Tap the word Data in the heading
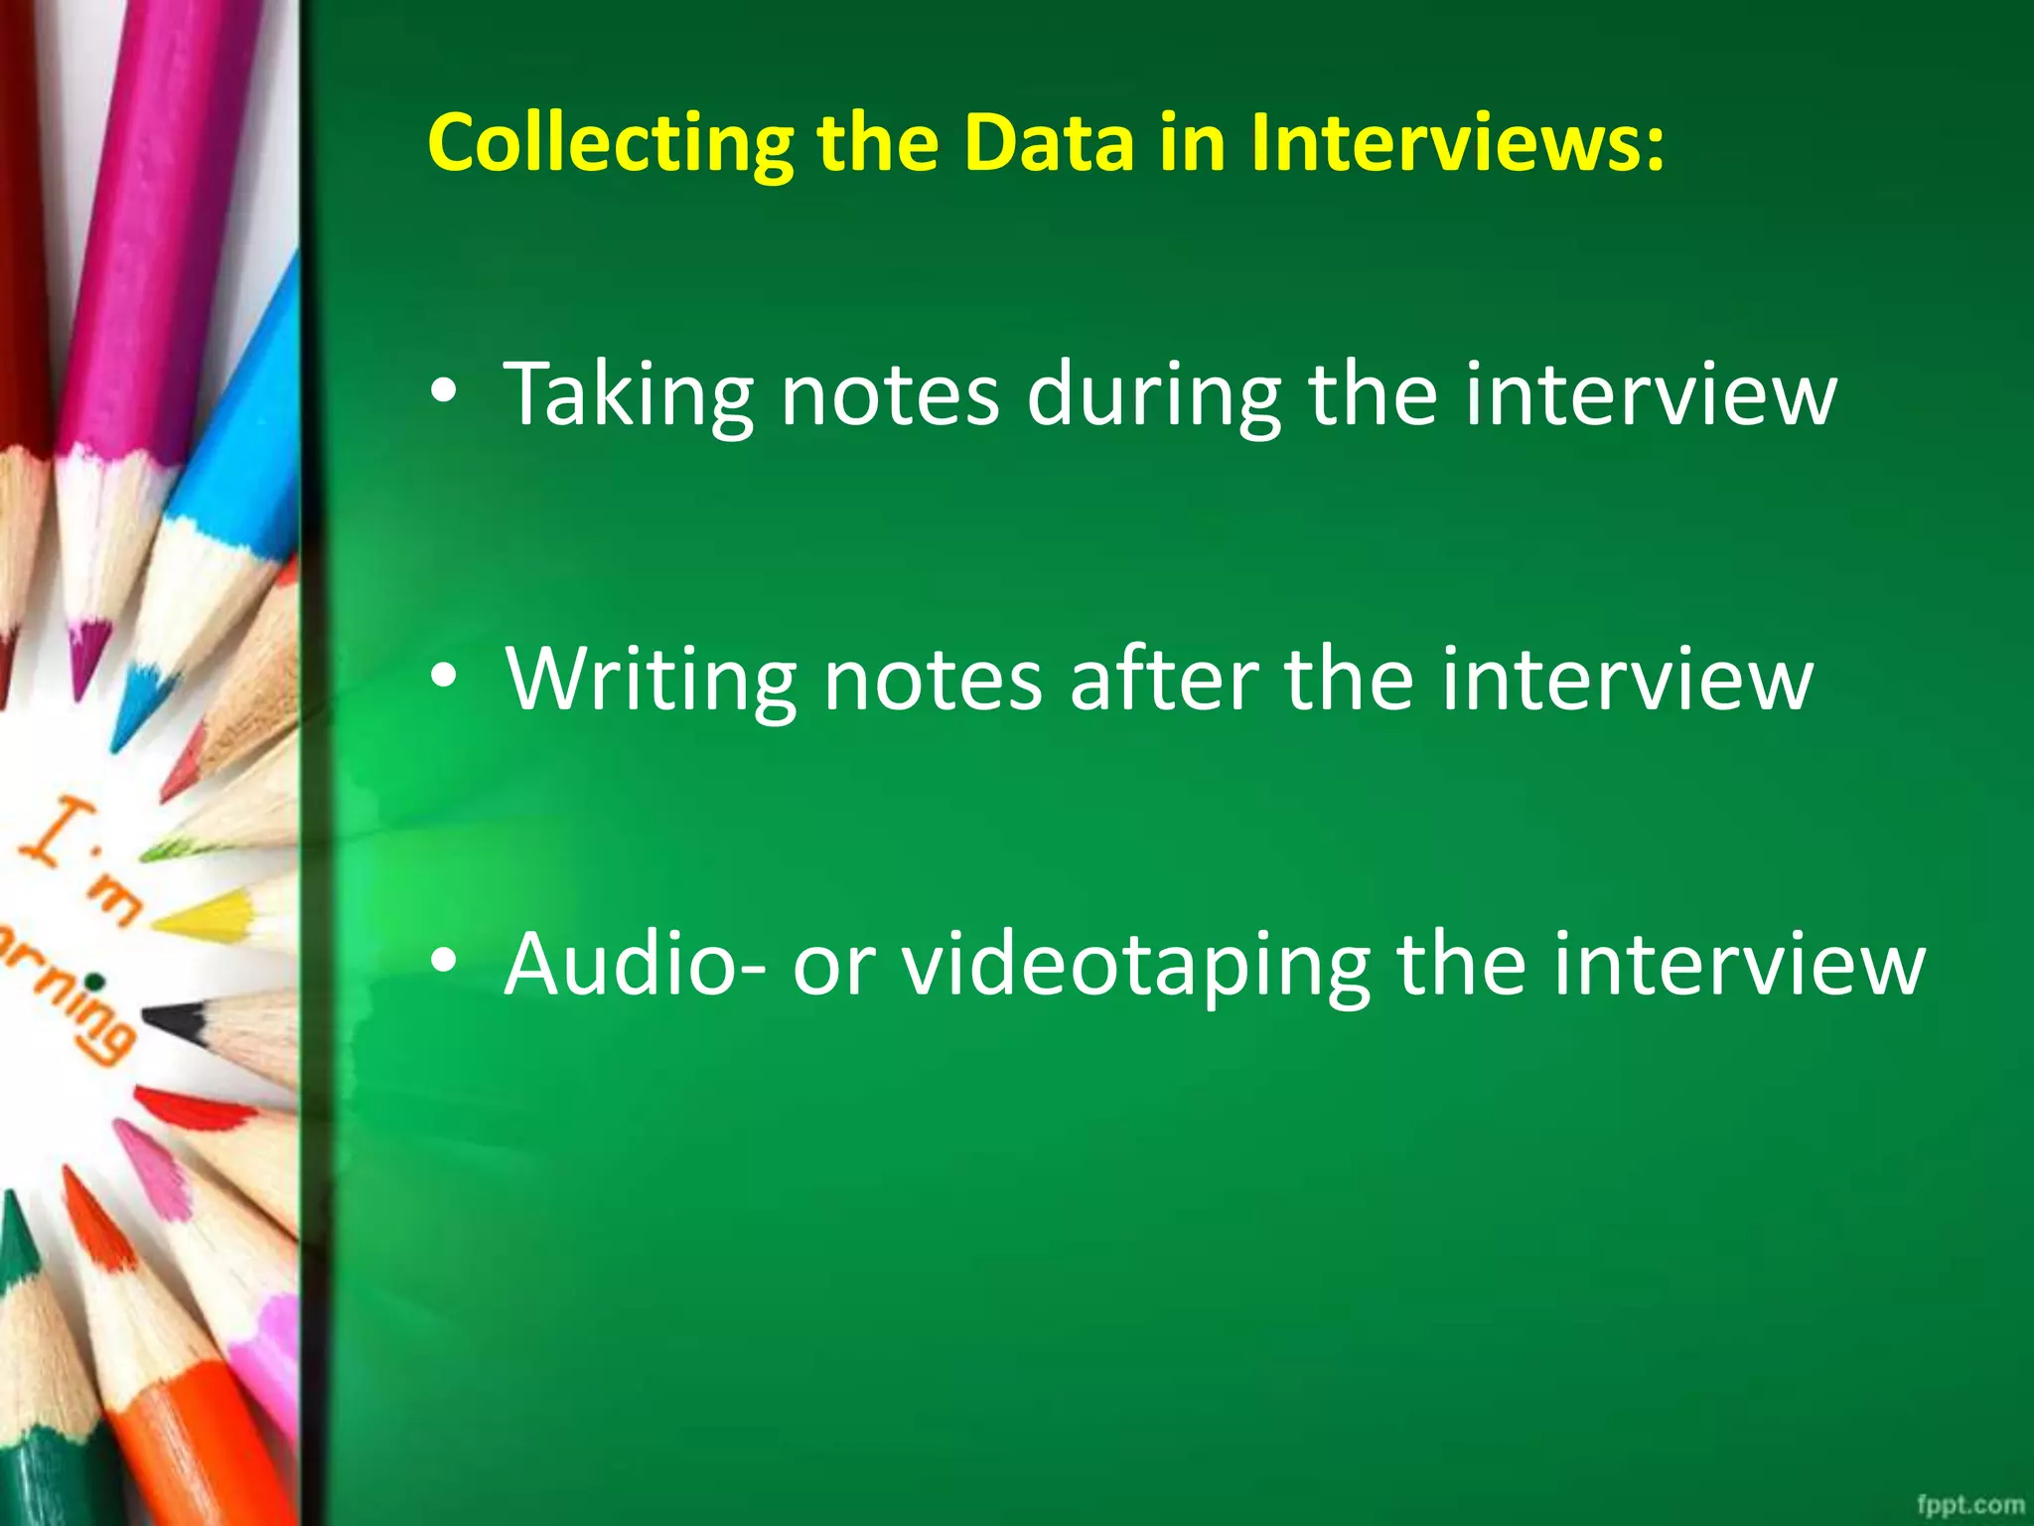[1048, 142]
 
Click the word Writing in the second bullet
[651, 682]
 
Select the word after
[1163, 680]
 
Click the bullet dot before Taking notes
[444, 391]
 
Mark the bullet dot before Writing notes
[444, 677]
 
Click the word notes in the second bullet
[933, 682]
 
